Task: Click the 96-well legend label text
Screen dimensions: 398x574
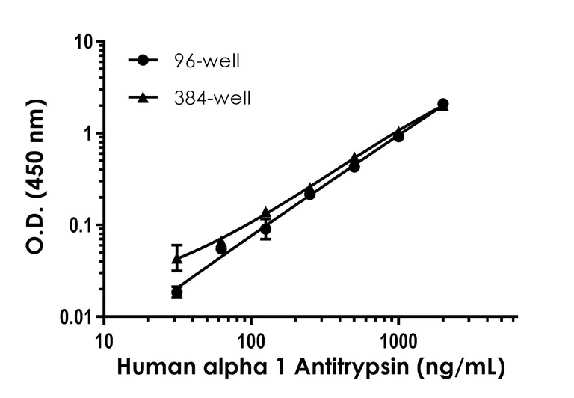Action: (213, 61)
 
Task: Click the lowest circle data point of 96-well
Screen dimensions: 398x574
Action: (176, 292)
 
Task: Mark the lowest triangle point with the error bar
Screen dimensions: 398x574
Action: (177, 259)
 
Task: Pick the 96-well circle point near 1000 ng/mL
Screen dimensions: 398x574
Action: (398, 136)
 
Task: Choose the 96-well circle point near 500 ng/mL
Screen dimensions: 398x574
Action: (354, 166)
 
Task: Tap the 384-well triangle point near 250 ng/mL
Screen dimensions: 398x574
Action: (310, 187)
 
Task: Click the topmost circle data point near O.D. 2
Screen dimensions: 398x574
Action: (443, 104)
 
